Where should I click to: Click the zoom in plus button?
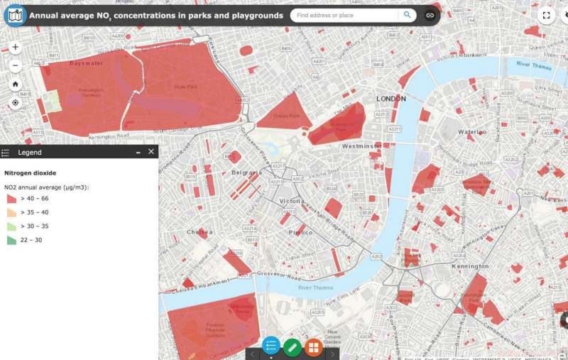[x=16, y=48]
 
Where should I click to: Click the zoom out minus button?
[x=16, y=65]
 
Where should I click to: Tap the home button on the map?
[x=16, y=84]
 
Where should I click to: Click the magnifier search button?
[x=407, y=14]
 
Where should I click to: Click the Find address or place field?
[x=344, y=14]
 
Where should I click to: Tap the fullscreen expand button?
[x=546, y=14]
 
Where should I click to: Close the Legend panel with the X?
[x=151, y=152]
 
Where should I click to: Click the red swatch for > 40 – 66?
[x=12, y=200]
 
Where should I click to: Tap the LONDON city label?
[x=391, y=99]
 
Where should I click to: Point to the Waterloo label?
[x=471, y=131]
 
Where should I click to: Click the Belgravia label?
[x=246, y=172]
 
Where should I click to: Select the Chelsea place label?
[x=200, y=231]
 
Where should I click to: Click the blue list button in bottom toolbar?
[x=271, y=347]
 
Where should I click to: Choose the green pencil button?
[x=292, y=347]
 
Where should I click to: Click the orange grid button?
[x=313, y=347]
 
